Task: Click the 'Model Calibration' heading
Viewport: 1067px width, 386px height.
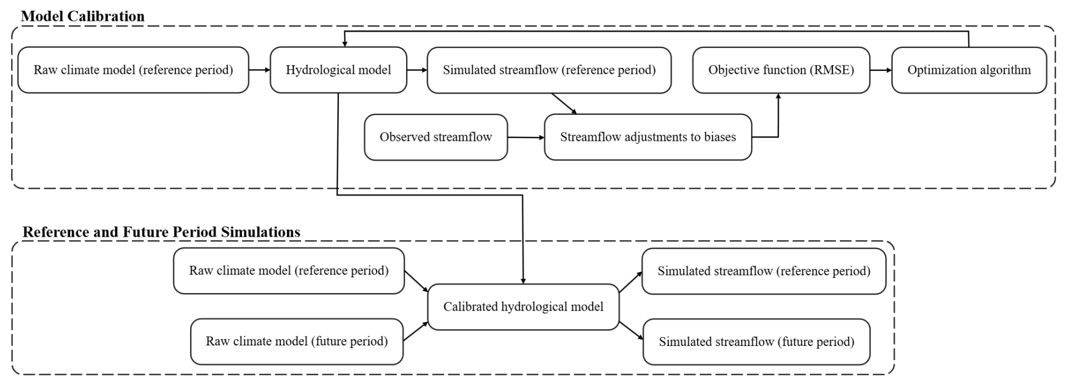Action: click(82, 16)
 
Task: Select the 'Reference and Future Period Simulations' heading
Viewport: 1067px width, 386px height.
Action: click(161, 232)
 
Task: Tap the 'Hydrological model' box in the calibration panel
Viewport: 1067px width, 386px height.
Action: click(338, 70)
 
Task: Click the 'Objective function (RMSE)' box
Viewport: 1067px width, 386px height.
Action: click(781, 70)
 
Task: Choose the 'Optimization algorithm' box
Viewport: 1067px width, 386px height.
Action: click(969, 70)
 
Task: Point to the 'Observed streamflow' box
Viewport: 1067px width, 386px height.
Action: click(436, 137)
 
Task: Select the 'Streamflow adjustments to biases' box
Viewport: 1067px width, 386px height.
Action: click(648, 137)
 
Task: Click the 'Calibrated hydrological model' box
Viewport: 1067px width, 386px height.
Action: click(523, 307)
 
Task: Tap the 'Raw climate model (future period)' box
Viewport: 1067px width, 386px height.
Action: click(297, 341)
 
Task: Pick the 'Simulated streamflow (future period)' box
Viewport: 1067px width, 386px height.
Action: click(756, 341)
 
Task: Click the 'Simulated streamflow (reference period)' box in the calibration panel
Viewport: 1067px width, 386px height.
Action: click(549, 70)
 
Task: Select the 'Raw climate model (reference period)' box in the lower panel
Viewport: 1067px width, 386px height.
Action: click(289, 270)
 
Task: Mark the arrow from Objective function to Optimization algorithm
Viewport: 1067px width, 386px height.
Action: click(881, 70)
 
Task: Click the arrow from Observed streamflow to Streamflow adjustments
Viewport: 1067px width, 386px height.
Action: click(526, 137)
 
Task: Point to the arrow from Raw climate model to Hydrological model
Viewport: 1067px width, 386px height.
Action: click(259, 70)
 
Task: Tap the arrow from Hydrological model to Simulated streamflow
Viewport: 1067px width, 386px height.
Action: click(417, 70)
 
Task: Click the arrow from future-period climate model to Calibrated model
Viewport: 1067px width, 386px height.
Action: click(416, 331)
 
